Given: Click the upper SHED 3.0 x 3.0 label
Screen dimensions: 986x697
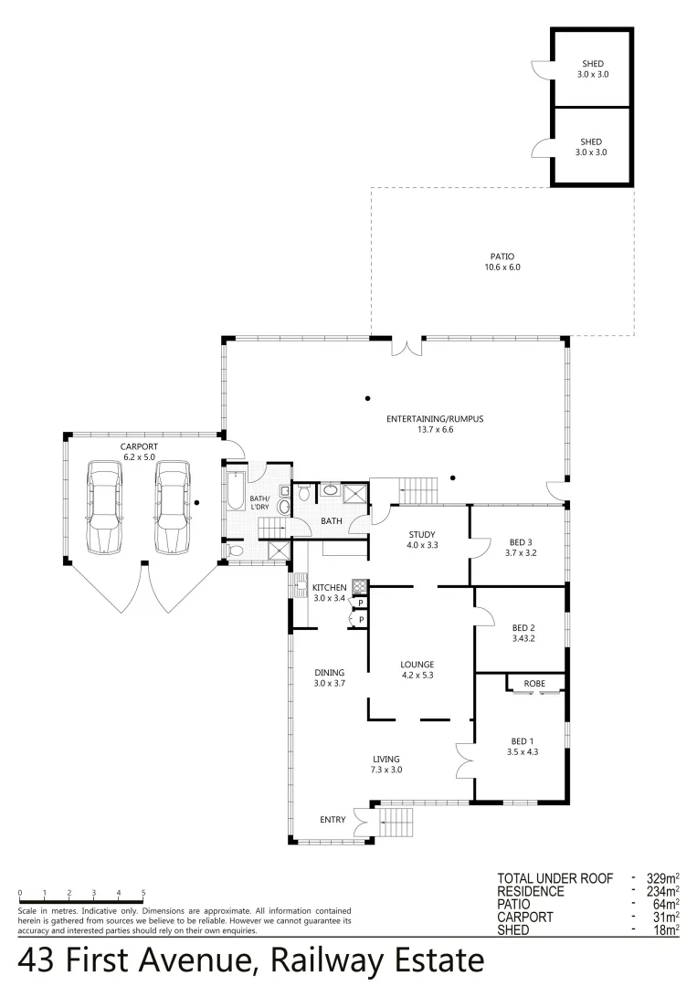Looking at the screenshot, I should [591, 68].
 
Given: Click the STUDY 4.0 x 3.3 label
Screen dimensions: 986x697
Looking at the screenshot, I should [422, 540].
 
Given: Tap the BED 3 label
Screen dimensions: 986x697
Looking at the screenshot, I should [518, 547].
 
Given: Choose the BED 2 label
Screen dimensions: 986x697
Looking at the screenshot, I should [523, 633].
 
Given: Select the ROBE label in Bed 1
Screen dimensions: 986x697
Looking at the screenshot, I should [535, 683].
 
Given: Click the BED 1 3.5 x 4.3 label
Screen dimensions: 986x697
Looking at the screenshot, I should [523, 746].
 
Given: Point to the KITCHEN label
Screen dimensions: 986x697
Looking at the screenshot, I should [329, 587].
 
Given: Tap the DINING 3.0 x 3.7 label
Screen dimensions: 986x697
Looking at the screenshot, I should [329, 677].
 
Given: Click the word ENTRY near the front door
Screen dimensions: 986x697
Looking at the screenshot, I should [333, 820].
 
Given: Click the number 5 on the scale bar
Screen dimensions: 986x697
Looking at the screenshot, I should [143, 892].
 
